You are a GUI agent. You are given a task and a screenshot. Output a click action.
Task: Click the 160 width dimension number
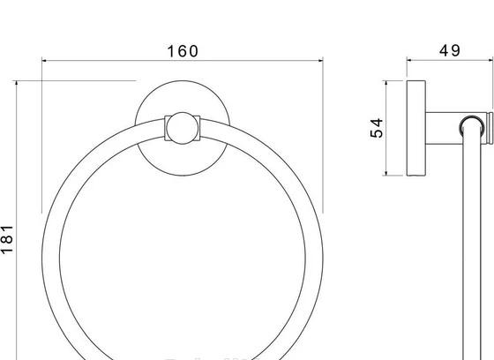click(x=182, y=51)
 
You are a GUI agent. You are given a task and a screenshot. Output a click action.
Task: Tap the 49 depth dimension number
click(x=450, y=51)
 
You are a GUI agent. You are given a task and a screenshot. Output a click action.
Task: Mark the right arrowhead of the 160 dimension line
click(x=319, y=61)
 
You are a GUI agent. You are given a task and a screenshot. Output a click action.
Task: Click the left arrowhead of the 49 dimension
click(x=409, y=61)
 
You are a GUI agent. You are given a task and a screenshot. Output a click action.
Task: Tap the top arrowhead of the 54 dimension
click(x=385, y=85)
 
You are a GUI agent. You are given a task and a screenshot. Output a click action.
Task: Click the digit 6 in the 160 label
click(x=182, y=51)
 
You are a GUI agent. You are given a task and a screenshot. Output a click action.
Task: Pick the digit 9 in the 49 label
click(x=456, y=51)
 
